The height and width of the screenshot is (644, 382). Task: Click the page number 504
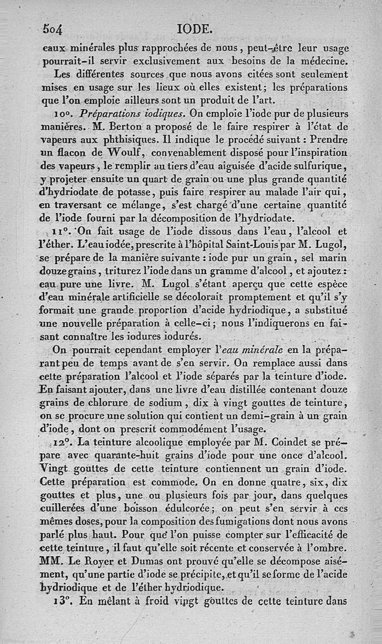coord(53,29)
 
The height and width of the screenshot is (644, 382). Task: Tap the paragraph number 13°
coord(62,602)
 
